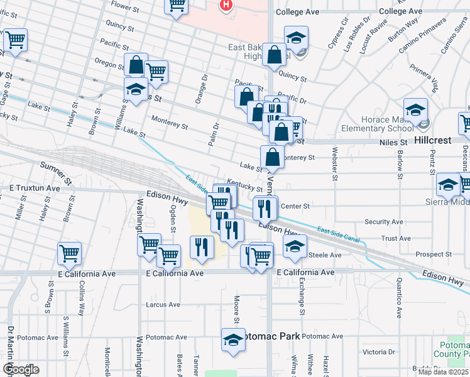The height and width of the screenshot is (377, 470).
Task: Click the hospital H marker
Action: [226, 5]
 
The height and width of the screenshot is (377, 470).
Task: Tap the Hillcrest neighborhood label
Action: [433, 140]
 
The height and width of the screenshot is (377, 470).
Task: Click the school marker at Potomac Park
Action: [233, 340]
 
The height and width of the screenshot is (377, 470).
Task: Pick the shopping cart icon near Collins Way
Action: [69, 254]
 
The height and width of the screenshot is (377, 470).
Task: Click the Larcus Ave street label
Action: [163, 305]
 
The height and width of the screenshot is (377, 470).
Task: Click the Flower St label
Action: [124, 8]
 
